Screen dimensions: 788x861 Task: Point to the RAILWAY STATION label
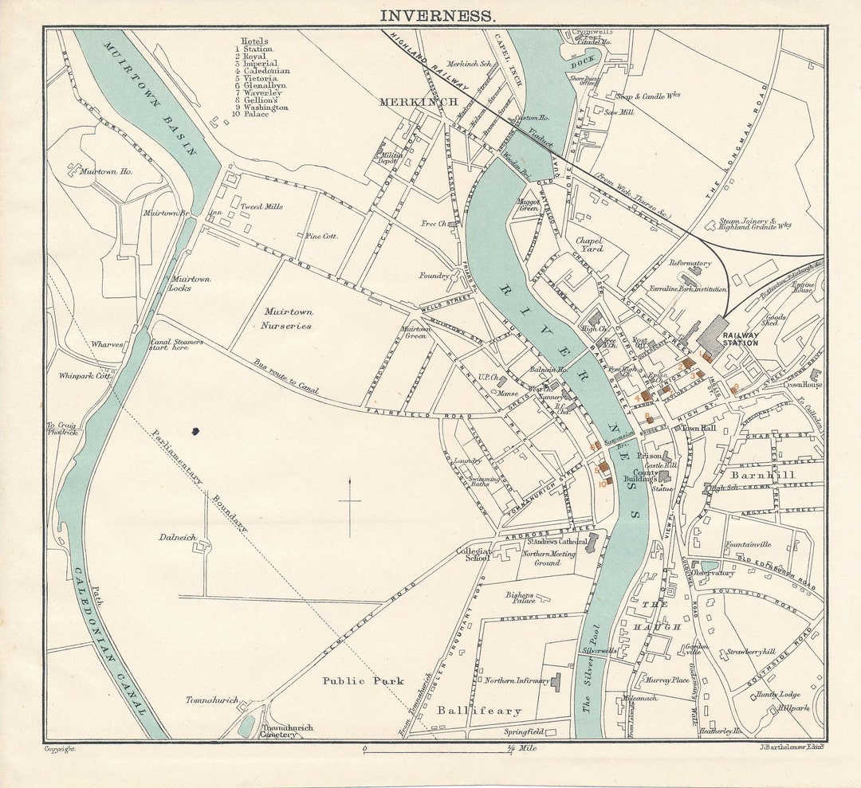pos(740,339)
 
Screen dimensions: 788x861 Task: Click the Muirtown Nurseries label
pos(287,319)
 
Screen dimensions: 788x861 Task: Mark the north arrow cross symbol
pos(349,504)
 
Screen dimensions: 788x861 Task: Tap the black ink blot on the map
pos(195,431)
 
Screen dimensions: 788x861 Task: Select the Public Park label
pos(363,681)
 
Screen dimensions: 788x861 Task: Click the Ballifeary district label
pos(479,710)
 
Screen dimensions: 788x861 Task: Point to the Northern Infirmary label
pos(516,680)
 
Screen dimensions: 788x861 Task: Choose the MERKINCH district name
pos(419,102)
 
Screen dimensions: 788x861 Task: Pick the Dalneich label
pos(178,538)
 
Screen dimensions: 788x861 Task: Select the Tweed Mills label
pos(261,206)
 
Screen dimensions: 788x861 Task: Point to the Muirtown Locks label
pos(191,284)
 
